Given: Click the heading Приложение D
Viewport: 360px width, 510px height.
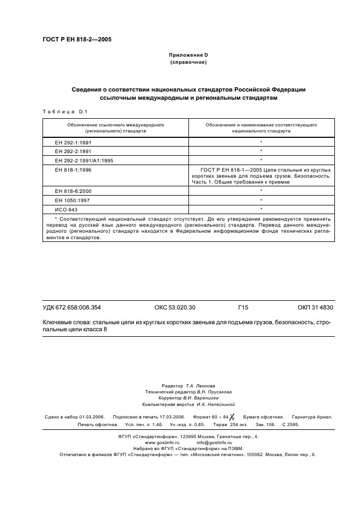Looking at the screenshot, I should pos(188,55).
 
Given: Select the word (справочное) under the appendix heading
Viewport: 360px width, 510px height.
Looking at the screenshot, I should pos(188,62).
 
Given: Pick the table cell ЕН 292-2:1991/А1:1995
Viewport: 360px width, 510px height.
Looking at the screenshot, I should pos(84,160).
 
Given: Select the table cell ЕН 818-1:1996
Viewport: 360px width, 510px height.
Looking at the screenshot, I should pos(72,170).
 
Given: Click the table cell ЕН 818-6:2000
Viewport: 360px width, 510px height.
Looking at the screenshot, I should pos(72,191).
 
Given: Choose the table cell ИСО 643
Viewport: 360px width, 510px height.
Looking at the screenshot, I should pos(66,209).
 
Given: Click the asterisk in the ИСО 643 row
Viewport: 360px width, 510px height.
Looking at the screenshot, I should pos(261,209).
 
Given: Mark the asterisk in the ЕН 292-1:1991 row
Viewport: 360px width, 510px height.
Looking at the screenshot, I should pos(261,142).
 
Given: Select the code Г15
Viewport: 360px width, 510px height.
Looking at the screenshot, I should pos(243,308).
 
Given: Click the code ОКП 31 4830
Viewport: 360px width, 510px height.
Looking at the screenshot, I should pos(315,308).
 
